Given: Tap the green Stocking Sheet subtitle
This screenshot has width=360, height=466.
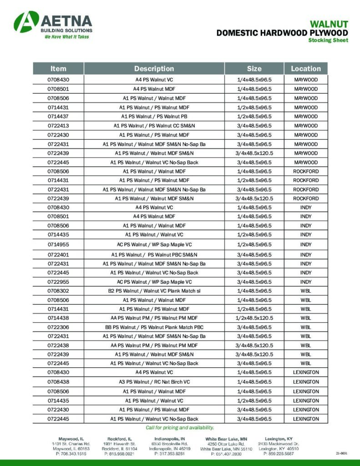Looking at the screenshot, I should [328, 41].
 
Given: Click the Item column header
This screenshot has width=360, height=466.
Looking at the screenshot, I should [58, 69].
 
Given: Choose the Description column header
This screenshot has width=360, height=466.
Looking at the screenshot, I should [154, 69].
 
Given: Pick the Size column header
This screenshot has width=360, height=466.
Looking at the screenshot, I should [254, 69].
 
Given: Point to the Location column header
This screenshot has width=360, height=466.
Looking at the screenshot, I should [306, 69].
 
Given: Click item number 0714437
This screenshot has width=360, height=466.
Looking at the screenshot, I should [58, 116].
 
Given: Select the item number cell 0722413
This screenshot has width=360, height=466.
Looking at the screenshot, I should [58, 126].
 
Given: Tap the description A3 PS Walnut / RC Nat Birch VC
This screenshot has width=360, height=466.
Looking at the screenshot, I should [154, 382].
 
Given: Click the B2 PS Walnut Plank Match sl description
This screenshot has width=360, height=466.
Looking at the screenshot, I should [154, 290].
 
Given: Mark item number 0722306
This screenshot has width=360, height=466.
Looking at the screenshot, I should [58, 327].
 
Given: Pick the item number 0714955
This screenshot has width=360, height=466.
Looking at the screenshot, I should [58, 245].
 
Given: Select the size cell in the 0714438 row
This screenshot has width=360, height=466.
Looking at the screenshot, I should [254, 318].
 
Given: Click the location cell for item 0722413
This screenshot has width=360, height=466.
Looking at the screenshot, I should [306, 126].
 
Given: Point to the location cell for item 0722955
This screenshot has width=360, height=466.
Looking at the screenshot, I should [306, 282].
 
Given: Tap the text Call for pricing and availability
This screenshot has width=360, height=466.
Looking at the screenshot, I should [180, 428].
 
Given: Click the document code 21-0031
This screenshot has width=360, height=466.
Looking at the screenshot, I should [342, 454].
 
